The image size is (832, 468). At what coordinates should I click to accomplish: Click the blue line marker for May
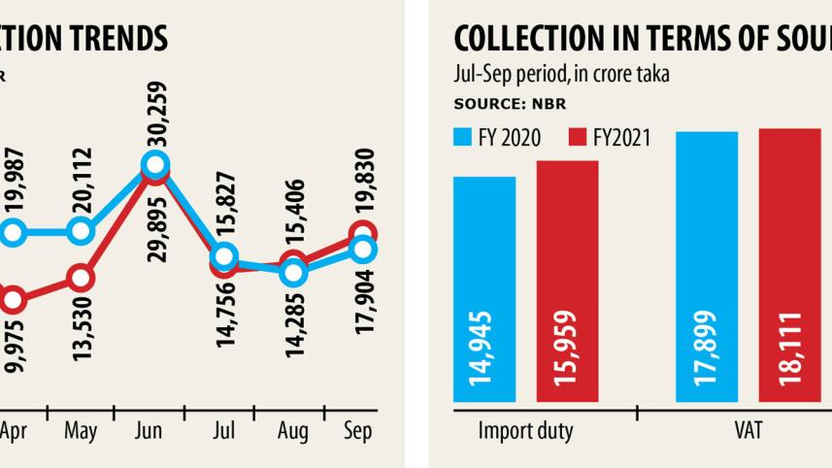coord(81,232)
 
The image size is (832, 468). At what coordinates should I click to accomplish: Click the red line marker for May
coord(81,279)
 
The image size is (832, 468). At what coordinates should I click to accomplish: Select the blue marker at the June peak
coord(155,165)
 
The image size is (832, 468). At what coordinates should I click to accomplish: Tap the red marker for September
coord(362,234)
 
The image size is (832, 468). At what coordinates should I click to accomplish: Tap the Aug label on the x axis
coord(293,430)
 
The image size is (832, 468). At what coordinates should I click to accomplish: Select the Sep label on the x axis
coord(359,430)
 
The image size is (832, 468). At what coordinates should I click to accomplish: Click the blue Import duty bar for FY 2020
coord(484,289)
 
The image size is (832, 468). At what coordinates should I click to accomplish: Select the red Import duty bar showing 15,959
coord(567,282)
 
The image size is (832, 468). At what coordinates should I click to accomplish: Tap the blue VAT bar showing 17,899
coord(708,266)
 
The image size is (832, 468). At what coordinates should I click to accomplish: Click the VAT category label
coord(749,430)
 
